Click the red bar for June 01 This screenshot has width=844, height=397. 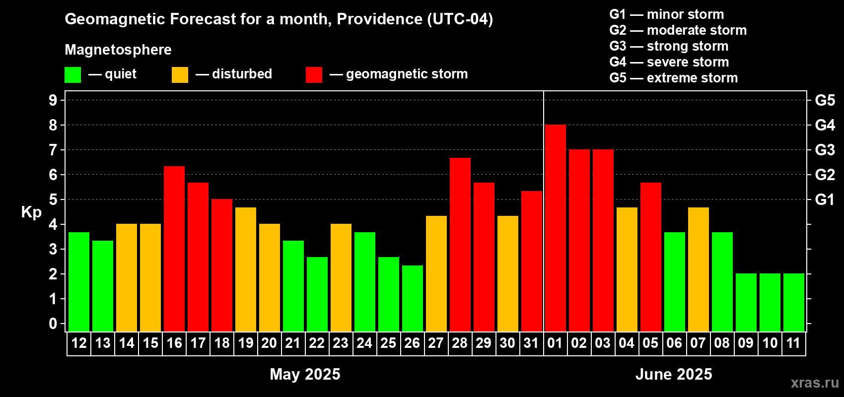pyautogui.click(x=556, y=228)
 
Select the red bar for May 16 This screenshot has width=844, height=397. pyautogui.click(x=174, y=249)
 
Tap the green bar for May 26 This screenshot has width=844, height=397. pyautogui.click(x=413, y=298)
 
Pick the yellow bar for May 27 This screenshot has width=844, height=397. pyautogui.click(x=436, y=273)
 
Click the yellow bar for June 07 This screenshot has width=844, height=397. pyautogui.click(x=699, y=269)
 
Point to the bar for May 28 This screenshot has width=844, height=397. pyautogui.click(x=460, y=245)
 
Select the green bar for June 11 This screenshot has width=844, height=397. pyautogui.click(x=794, y=302)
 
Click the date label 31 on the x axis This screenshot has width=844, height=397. pyautogui.click(x=531, y=343)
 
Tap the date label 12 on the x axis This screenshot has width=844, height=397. pyautogui.click(x=79, y=343)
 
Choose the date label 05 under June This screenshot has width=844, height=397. pyautogui.click(x=650, y=343)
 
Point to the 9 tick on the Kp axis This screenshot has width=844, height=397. pyautogui.click(x=53, y=100)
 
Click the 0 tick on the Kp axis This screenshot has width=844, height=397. pyautogui.click(x=53, y=324)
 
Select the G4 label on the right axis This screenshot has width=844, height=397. pyautogui.click(x=825, y=125)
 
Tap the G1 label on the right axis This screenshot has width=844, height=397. pyautogui.click(x=825, y=199)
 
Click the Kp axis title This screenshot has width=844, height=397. pyautogui.click(x=31, y=212)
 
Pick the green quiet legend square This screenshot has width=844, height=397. pyautogui.click(x=72, y=74)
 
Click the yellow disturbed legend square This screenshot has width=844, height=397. pyautogui.click(x=180, y=74)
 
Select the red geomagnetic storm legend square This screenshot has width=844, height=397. pyautogui.click(x=314, y=74)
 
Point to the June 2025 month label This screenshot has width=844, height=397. pyautogui.click(x=674, y=374)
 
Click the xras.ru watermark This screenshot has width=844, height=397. pyautogui.click(x=815, y=383)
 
